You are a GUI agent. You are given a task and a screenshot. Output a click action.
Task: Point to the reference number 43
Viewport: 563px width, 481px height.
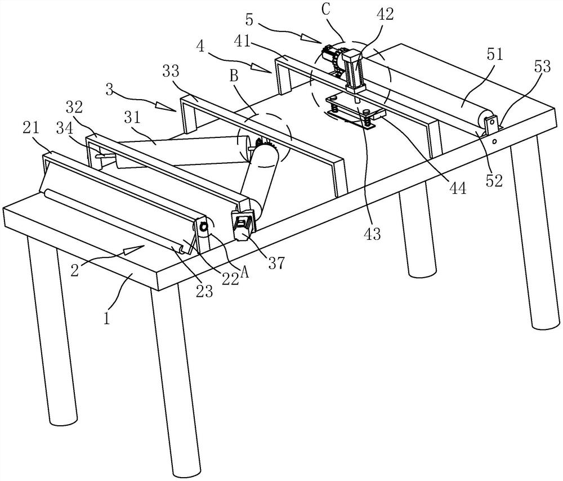[x=372, y=233]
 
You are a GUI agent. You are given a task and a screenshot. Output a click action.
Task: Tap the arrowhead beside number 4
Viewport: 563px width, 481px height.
[x=269, y=69]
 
